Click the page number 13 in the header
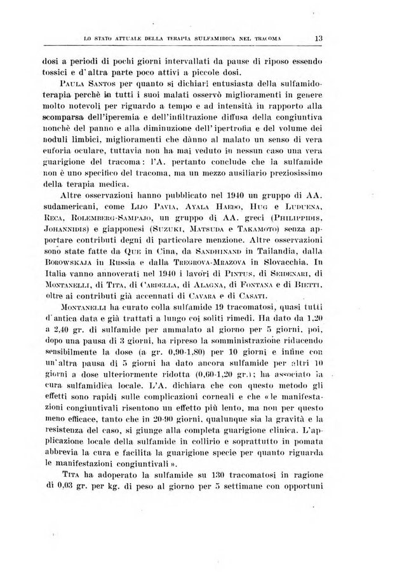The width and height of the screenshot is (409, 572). (319, 37)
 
